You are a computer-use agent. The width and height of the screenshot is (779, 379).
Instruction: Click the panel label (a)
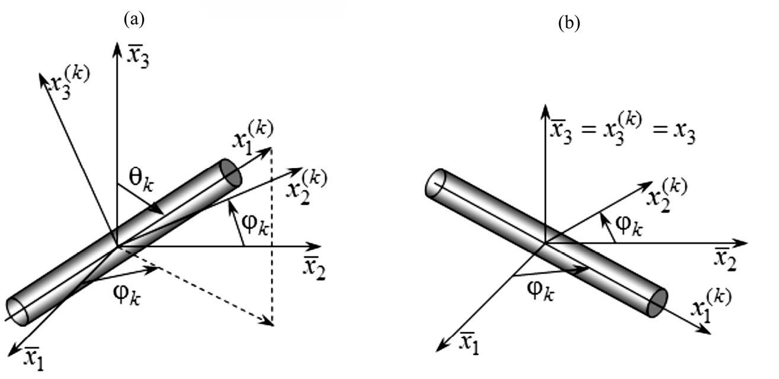pos(134,19)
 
